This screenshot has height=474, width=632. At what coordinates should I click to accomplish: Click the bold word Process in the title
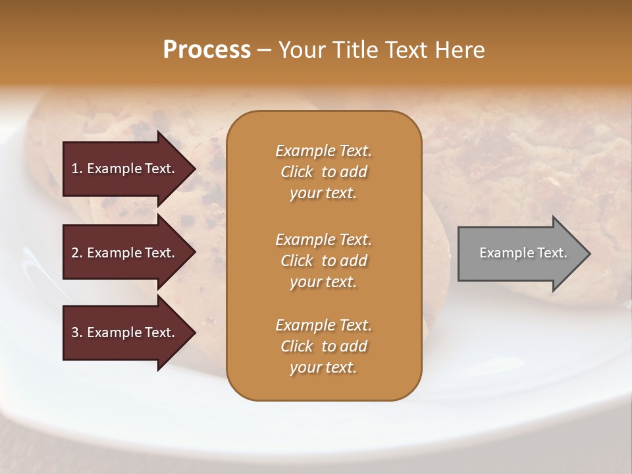(x=207, y=50)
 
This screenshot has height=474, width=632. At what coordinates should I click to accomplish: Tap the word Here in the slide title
(x=459, y=50)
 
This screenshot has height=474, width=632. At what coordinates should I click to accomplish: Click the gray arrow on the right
(x=520, y=253)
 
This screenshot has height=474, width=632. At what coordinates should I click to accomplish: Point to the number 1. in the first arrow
(x=77, y=169)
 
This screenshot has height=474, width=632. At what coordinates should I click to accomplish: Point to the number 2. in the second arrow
(x=77, y=253)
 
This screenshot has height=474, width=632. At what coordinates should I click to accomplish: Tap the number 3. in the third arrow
(x=77, y=332)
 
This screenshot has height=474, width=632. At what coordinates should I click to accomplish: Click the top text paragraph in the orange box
(x=323, y=172)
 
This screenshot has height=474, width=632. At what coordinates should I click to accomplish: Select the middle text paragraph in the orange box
(x=323, y=261)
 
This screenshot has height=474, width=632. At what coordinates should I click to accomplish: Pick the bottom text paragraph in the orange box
(x=323, y=346)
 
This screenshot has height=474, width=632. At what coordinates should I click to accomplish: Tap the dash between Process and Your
(x=265, y=50)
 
